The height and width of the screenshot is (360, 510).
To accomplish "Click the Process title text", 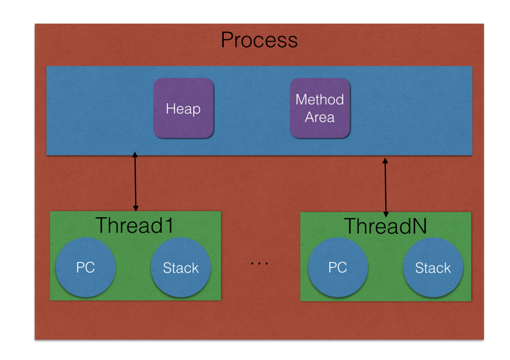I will tap(259, 40).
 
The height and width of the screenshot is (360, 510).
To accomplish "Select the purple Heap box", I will tap(183, 108).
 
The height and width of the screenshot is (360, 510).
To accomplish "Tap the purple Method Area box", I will tap(320, 108).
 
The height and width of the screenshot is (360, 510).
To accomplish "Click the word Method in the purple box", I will tap(320, 99).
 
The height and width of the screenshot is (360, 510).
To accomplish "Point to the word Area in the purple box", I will tap(320, 118).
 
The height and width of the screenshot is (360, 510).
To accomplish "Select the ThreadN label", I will tap(385, 226).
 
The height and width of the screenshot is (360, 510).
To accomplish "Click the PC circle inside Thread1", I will tap(86, 268).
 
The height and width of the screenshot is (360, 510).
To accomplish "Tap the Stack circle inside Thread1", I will tap(181, 268).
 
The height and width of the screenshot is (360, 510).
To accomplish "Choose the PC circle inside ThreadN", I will tap(338, 268).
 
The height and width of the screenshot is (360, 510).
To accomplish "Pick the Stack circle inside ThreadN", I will tap(433, 268).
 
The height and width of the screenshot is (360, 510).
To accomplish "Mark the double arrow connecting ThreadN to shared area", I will tap(385, 187).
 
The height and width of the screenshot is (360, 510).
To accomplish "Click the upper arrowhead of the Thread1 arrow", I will tap(135, 155).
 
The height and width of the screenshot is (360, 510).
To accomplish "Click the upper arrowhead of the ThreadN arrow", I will tap(385, 160).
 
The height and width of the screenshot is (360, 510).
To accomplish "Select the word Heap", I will tap(183, 109).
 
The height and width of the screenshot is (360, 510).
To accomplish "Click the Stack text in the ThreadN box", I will tap(433, 268).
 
